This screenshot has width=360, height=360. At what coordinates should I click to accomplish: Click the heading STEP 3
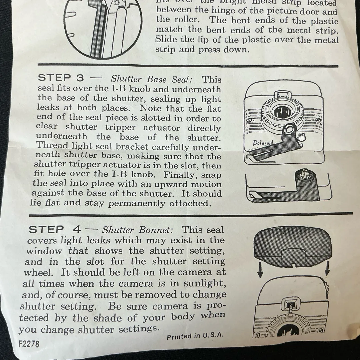tap(61, 78)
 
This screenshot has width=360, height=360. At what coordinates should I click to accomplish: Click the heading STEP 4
tap(55, 229)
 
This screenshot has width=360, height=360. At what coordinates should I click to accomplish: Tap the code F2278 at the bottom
tap(29, 344)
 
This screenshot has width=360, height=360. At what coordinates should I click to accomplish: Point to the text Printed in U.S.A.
tap(195, 336)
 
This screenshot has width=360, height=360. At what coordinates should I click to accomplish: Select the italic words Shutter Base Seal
tap(152, 79)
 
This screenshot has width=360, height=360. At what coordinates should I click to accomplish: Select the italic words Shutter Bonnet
tap(138, 230)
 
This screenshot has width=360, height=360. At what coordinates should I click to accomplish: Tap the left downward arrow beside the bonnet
tap(260, 270)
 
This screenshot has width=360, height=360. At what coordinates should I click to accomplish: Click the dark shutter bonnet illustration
tap(292, 246)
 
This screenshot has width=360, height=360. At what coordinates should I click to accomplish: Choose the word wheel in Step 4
tap(38, 273)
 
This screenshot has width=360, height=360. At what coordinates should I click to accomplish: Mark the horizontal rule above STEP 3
tap(188, 65)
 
